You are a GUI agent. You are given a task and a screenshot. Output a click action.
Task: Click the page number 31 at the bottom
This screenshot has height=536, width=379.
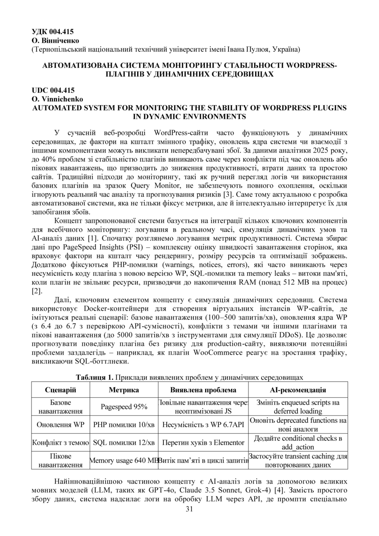(x=189, y=509)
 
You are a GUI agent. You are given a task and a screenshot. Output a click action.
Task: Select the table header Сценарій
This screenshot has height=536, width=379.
(x=61, y=390)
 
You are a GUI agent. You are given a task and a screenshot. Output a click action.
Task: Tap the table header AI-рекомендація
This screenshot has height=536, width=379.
(x=298, y=390)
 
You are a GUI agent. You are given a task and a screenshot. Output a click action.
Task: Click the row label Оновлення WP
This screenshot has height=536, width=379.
(x=61, y=424)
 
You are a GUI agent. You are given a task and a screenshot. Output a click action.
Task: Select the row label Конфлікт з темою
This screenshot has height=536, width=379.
(x=61, y=443)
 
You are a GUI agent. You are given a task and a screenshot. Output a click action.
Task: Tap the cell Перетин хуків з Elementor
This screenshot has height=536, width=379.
(x=203, y=443)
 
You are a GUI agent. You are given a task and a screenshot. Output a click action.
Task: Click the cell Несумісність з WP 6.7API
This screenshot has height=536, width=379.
(x=203, y=424)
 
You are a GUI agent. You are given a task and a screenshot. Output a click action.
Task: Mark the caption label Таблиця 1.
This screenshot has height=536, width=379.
(x=94, y=377)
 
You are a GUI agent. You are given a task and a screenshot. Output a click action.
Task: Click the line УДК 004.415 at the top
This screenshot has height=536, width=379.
(x=53, y=32)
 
